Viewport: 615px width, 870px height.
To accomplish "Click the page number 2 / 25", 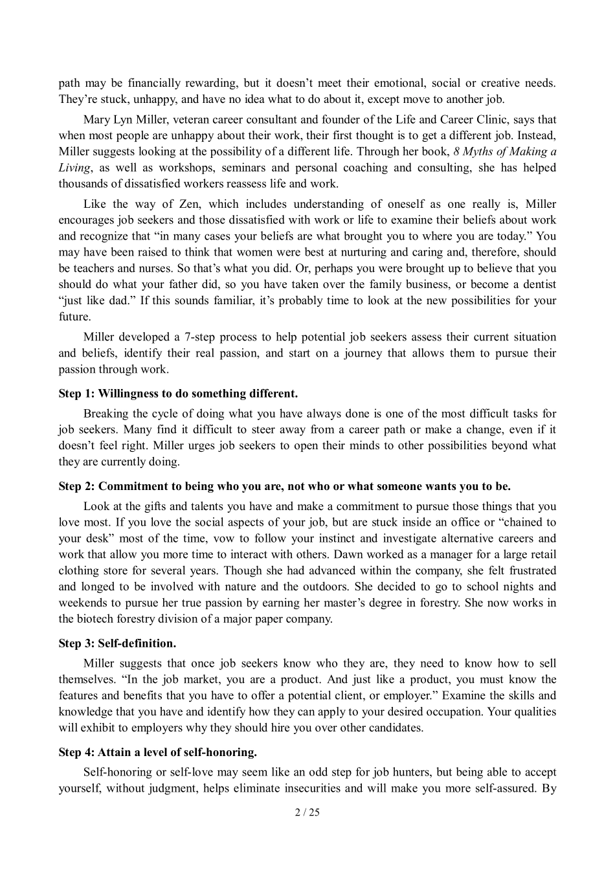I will coord(307,812).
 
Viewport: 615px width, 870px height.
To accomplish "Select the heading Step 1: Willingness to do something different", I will coord(178,394).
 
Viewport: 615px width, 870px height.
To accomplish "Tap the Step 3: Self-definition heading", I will coord(117,643).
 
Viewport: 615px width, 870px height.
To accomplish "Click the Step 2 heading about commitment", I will coord(284,486).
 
